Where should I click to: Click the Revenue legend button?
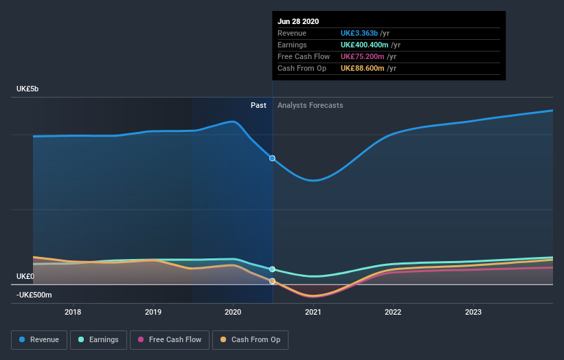pos(40,339)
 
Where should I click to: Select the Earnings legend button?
pos(99,339)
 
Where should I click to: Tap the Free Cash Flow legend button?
pos(170,339)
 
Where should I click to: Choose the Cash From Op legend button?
pos(251,339)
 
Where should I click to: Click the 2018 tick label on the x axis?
pos(73,312)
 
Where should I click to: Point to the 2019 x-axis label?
pos(153,312)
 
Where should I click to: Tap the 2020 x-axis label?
pos(234,312)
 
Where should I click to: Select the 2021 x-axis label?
pos(313,312)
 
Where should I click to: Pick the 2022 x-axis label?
pos(393,312)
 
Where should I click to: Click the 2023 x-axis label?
pos(473,312)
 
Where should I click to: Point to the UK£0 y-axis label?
pos(26,276)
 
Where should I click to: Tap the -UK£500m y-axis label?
pos(34,295)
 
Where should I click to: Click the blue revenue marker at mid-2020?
pos(273,158)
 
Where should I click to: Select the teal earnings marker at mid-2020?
pos(273,269)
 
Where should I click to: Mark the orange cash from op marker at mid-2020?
pos(273,281)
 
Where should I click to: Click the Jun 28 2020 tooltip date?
pos(298,21)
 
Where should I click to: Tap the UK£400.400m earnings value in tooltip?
pos(370,45)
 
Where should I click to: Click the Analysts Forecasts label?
pos(311,105)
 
